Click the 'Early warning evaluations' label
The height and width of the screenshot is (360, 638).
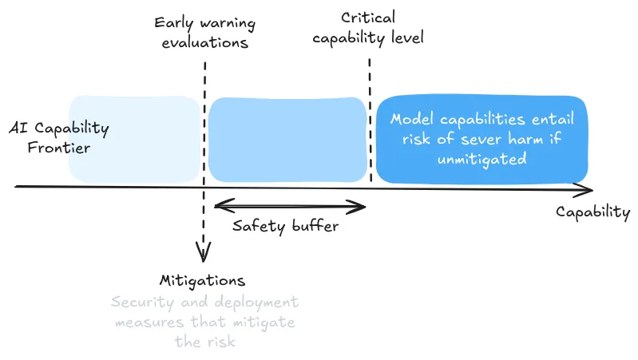(205, 31)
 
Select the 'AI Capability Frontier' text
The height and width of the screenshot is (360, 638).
(59, 137)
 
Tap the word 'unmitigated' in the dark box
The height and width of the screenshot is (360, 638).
(481, 158)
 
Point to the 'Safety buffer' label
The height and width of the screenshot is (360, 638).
(285, 226)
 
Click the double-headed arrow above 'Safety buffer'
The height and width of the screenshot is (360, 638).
(290, 208)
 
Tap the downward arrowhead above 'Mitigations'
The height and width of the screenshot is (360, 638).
(204, 255)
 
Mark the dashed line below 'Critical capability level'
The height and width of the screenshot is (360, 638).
(370, 120)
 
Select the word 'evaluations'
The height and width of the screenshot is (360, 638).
(205, 42)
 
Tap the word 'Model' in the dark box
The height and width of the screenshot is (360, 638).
(411, 120)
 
